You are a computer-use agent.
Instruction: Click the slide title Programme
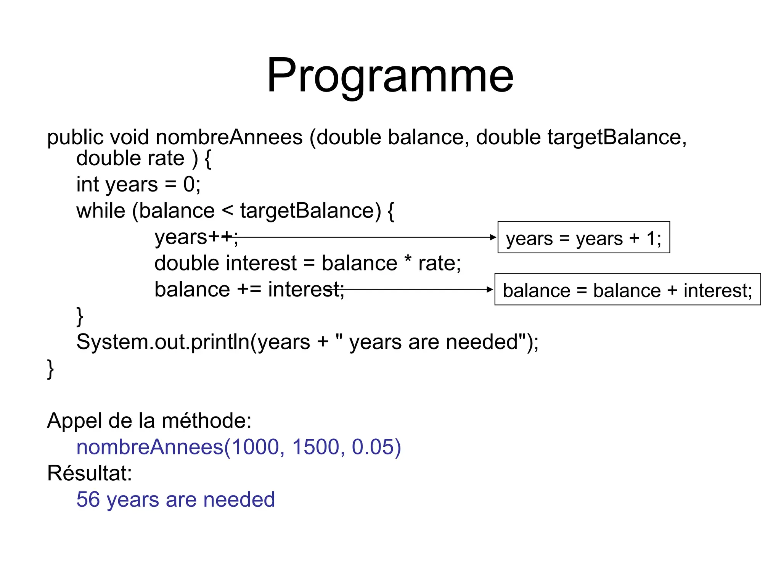(x=390, y=76)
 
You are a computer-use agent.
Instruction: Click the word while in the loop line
(x=101, y=211)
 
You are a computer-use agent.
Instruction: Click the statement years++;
(x=196, y=237)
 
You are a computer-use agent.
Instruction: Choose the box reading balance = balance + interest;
(x=627, y=290)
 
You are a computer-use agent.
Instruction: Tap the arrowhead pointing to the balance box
(x=490, y=290)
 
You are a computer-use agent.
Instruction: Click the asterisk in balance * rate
(x=408, y=260)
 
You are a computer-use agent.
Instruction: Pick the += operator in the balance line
(x=249, y=290)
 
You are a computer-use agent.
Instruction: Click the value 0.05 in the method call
(x=375, y=447)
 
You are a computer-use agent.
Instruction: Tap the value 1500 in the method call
(x=315, y=447)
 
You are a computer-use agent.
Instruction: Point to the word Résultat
(x=89, y=473)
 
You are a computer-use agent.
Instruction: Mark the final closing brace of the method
(x=50, y=369)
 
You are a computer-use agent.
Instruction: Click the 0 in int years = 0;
(x=189, y=185)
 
